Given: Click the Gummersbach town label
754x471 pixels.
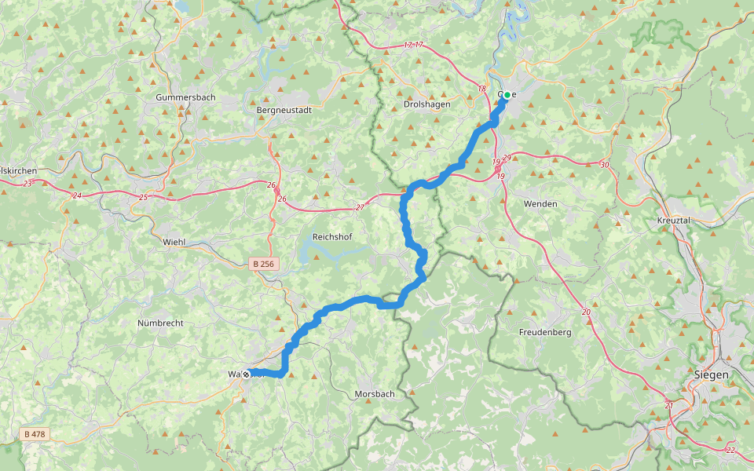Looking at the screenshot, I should click(185, 97).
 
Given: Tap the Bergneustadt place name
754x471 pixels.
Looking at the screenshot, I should click(284, 111).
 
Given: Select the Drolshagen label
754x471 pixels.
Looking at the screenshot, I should click(426, 104).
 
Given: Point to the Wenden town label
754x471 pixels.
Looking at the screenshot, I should click(540, 204).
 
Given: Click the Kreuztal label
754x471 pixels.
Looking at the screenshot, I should click(673, 221).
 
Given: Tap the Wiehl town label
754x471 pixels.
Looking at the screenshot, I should click(174, 242).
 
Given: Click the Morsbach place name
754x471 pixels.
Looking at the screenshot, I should click(375, 393).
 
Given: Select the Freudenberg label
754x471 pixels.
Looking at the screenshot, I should click(545, 333).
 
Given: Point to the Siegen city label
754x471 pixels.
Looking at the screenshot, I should click(712, 375).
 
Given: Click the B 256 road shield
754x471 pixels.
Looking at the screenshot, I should click(264, 265).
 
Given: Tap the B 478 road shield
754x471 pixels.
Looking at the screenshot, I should click(34, 434).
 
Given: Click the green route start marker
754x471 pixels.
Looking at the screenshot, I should click(507, 95).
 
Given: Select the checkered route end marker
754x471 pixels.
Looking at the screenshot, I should click(247, 374).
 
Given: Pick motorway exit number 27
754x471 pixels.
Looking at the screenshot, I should click(360, 207).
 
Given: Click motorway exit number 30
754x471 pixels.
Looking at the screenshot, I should click(604, 165).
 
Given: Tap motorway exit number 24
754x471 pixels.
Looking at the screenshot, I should click(77, 195).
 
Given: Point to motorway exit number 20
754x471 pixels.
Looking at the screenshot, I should click(587, 312).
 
